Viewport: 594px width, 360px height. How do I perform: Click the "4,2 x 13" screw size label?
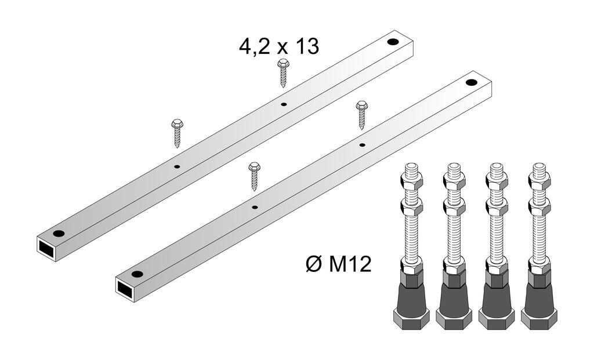[279, 47]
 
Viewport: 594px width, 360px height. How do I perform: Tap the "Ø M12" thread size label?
[338, 263]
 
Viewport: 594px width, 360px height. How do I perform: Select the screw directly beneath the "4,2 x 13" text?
[283, 73]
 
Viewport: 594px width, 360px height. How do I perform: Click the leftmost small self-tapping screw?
[177, 133]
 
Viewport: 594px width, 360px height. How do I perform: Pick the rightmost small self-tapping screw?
[362, 115]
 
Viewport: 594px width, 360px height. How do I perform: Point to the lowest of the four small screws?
[254, 176]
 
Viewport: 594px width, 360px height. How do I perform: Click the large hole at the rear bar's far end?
[393, 42]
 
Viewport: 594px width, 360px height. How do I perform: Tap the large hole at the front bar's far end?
[471, 82]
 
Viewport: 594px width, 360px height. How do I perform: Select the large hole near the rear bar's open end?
[59, 233]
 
